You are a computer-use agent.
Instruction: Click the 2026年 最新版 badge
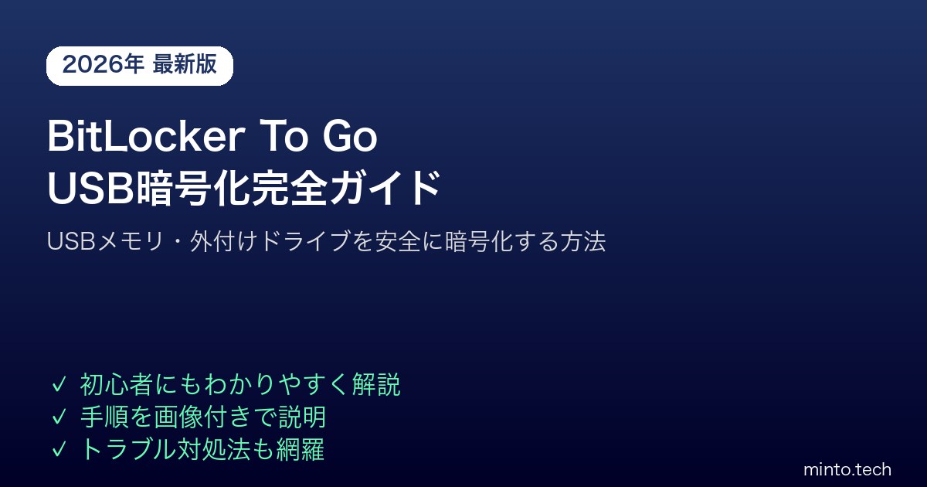[140, 66]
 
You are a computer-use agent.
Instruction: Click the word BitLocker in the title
[146, 136]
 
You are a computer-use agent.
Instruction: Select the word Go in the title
[350, 136]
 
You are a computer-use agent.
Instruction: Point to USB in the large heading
[91, 188]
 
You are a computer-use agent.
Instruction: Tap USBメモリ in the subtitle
[106, 241]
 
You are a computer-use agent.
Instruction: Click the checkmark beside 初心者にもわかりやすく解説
[59, 384]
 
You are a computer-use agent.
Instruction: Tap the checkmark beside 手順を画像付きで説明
[59, 417]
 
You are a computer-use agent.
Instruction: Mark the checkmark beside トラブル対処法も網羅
[59, 449]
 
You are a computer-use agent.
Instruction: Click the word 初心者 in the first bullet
[116, 384]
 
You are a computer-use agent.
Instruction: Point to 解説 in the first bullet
[376, 384]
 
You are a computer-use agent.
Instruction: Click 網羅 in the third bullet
[300, 449]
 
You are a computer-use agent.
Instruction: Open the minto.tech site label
[847, 470]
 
